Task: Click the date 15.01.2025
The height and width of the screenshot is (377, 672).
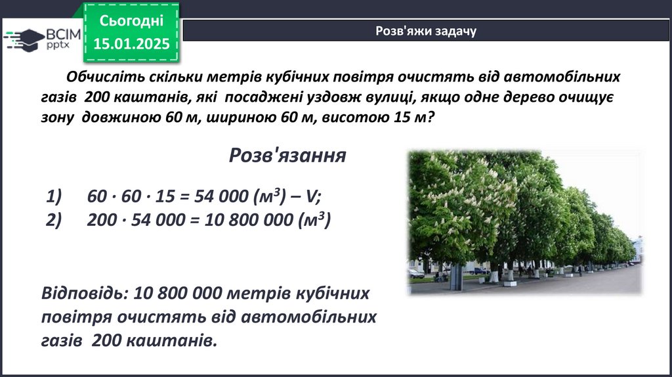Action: [131, 43]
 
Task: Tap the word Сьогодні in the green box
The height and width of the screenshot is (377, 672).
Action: [131, 20]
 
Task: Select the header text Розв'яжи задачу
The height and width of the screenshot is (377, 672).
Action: [426, 31]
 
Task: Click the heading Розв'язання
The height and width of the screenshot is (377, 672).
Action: [287, 155]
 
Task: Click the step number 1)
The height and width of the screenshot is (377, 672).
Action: [54, 196]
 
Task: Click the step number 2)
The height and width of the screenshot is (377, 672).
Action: [54, 219]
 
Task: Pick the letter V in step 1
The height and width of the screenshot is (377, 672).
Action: [311, 196]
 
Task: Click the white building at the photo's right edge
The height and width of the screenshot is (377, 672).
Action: [637, 250]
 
